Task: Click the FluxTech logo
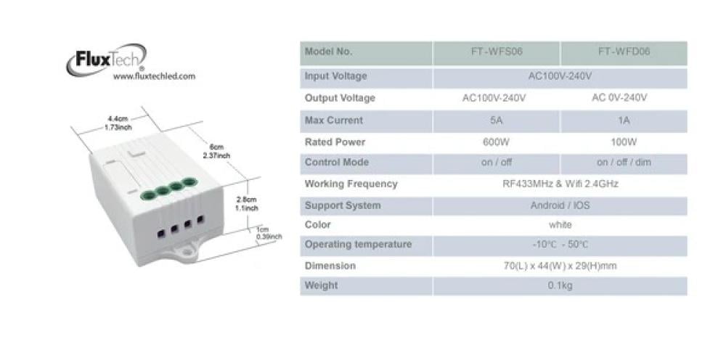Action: tap(106, 60)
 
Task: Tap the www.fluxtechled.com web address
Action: tap(154, 76)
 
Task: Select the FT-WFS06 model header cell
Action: tap(497, 52)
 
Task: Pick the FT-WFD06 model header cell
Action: tap(624, 52)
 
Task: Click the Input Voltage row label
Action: tap(335, 76)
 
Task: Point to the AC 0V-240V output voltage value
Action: tap(619, 98)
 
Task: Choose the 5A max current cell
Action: tap(497, 120)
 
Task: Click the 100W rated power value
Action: tap(624, 142)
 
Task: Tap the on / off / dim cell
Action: tap(624, 163)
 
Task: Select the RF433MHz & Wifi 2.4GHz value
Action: tap(560, 184)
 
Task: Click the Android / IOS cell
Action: tap(560, 205)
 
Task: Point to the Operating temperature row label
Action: tap(358, 245)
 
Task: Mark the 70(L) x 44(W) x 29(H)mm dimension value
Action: tap(560, 266)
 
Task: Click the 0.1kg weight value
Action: tap(560, 285)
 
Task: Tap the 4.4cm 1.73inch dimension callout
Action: tap(118, 123)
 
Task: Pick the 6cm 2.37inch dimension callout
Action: tap(216, 151)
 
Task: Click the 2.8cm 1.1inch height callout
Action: tap(246, 204)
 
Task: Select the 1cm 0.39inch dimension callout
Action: tap(269, 233)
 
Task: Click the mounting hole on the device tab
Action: tap(187, 252)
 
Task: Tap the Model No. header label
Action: tap(328, 52)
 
